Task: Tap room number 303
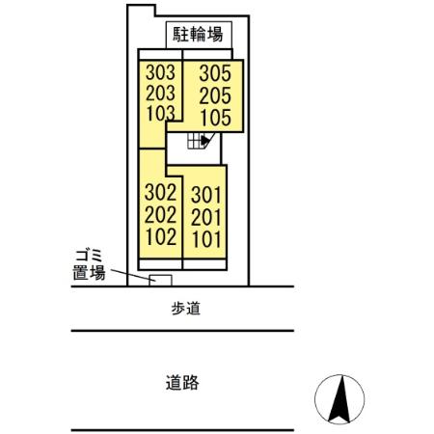160,72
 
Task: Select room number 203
160,93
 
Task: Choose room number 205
216,96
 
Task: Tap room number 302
160,191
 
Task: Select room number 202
160,212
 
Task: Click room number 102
160,234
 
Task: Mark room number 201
206,217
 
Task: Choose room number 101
206,238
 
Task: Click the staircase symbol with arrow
201,141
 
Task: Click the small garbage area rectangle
160,280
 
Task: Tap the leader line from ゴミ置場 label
129,274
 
